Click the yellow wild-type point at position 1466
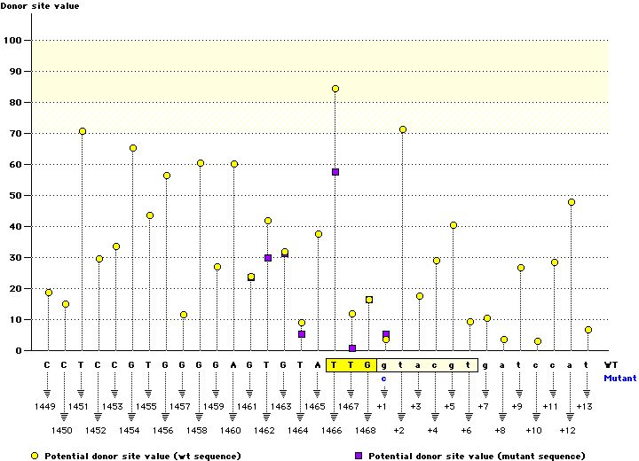335,89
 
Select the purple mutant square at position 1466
335,172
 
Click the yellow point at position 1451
83,131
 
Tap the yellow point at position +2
403,129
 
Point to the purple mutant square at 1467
352,348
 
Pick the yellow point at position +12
572,202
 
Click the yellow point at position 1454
133,148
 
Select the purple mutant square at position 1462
268,258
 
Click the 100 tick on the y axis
14,40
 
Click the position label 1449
47,405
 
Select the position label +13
584,405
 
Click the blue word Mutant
619,378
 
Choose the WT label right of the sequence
611,364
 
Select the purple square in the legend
359,455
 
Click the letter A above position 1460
234,364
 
